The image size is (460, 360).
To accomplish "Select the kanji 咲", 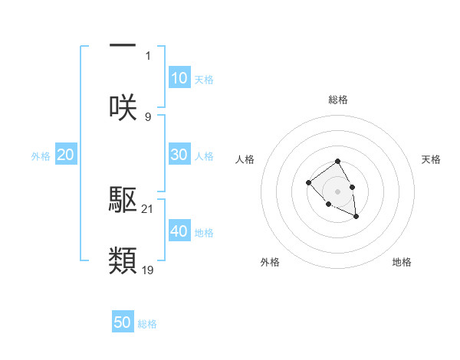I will click(x=123, y=107).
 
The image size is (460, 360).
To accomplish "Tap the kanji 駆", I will click(x=123, y=200).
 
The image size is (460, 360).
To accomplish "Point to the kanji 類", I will click(x=123, y=260).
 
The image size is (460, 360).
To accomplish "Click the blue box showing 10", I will click(x=179, y=78).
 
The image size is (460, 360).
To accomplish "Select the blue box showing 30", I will click(x=179, y=154).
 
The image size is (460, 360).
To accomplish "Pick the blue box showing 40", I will click(x=179, y=231).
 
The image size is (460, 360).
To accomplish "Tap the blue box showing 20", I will click(x=66, y=155).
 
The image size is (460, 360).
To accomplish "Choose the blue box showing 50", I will click(x=123, y=322).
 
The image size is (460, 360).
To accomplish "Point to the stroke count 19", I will click(x=148, y=270).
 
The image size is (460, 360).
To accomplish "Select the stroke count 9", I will click(x=148, y=116).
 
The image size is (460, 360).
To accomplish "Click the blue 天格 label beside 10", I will click(x=204, y=80).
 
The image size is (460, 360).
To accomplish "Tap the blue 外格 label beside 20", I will click(x=41, y=156).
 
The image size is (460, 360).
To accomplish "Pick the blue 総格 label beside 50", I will click(x=147, y=324).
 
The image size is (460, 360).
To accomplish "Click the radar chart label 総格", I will click(x=338, y=100).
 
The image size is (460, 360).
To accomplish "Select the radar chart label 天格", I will click(x=432, y=159).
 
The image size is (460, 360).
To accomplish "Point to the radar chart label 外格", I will click(x=270, y=263).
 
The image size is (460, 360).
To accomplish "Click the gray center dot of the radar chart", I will click(x=338, y=191).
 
